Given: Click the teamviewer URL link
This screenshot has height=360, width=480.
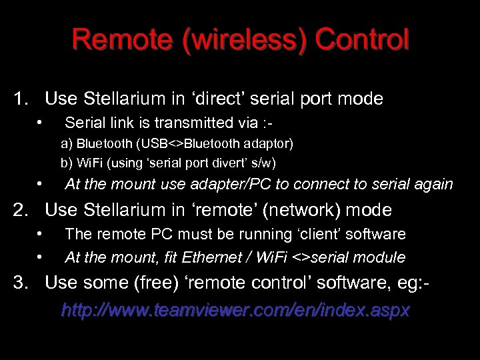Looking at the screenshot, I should click(x=235, y=311).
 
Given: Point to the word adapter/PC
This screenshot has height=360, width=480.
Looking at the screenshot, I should click(x=227, y=185).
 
